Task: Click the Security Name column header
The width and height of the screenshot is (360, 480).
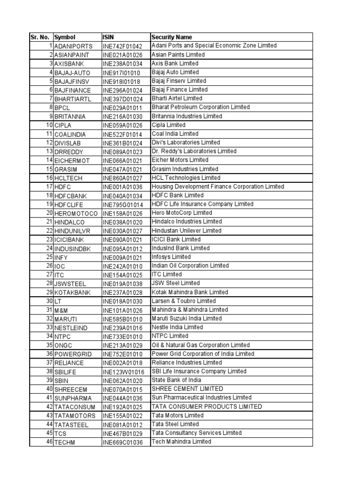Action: coord(172,37)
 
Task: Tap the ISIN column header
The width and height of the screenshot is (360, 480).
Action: coord(108,37)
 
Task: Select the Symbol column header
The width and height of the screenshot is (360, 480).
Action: coord(65,37)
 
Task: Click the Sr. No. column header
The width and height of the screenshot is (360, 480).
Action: coord(41,37)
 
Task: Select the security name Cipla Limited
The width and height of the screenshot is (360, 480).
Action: coord(168,125)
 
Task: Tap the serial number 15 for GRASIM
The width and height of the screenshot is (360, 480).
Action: coord(49,169)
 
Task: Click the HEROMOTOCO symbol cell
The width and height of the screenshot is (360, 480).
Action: coord(76,213)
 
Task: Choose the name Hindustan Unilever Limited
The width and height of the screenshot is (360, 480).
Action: coord(186,231)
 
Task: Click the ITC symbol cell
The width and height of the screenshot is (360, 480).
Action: coord(59,275)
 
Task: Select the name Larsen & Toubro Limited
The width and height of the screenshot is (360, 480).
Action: coord(183,301)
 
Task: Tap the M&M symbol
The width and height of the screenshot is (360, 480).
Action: coord(61,310)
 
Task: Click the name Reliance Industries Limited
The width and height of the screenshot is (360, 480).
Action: coord(187,362)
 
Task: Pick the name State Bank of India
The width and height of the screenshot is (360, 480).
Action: coord(176,380)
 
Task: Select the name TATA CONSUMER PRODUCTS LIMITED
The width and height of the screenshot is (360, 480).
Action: coord(206,406)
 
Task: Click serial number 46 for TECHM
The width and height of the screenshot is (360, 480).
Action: coord(49,442)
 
